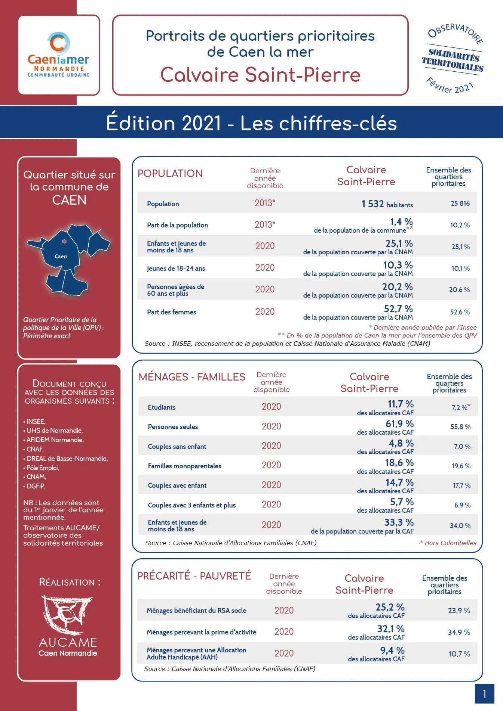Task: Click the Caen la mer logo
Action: tap(59, 55)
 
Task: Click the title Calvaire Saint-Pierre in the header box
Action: tap(260, 75)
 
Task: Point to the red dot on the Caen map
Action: tap(64, 242)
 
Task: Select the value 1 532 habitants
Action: tap(387, 204)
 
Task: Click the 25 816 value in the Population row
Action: tap(460, 204)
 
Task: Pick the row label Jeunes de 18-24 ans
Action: tap(176, 268)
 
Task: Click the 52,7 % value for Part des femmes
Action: tap(398, 309)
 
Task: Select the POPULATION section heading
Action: tap(170, 174)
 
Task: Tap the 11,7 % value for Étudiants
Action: tap(400, 404)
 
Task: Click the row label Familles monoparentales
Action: tap(184, 466)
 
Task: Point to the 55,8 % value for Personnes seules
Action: tap(460, 427)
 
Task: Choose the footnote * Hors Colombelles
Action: tap(448, 543)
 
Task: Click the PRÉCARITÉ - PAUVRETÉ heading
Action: tap(194, 576)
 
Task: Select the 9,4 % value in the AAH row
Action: tap(392, 651)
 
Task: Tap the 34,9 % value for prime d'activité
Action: tap(459, 632)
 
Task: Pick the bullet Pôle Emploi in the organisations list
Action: tap(42, 468)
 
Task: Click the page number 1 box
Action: tap(484, 694)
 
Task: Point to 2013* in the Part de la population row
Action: tap(265, 225)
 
